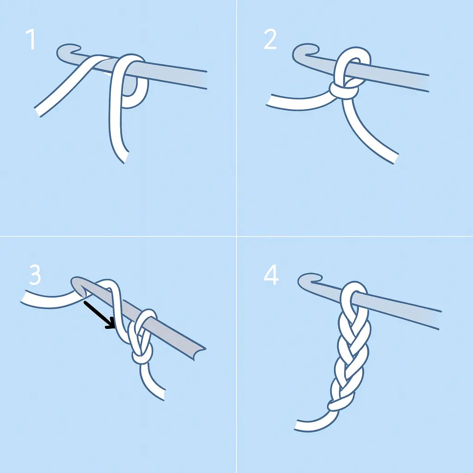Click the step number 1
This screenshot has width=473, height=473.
pos(30,40)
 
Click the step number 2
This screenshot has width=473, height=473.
pos(270,40)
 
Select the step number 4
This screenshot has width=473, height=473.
pos(271,275)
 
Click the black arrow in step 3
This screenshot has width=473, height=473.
pos(99,315)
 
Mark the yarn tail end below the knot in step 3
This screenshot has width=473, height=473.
pos(160,395)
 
